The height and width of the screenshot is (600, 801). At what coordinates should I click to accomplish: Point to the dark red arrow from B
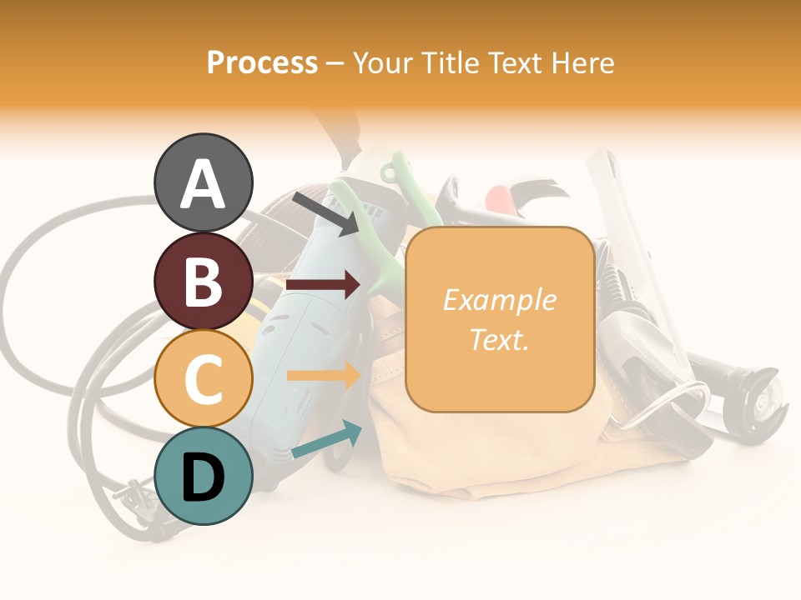(x=323, y=285)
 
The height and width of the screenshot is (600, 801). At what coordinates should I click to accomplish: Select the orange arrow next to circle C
(x=323, y=375)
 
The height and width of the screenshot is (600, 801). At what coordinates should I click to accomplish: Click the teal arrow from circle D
(x=326, y=441)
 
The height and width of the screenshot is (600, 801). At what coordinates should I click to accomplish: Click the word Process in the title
(x=262, y=62)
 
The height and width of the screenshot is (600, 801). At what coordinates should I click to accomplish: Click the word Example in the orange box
(x=499, y=300)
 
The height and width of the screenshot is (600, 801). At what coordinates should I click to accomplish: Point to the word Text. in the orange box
(x=499, y=339)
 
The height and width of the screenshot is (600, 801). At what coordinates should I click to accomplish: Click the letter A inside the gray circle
(x=204, y=183)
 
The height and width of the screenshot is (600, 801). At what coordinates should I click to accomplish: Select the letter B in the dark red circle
(x=203, y=282)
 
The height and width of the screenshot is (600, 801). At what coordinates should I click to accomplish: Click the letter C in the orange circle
(x=203, y=379)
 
